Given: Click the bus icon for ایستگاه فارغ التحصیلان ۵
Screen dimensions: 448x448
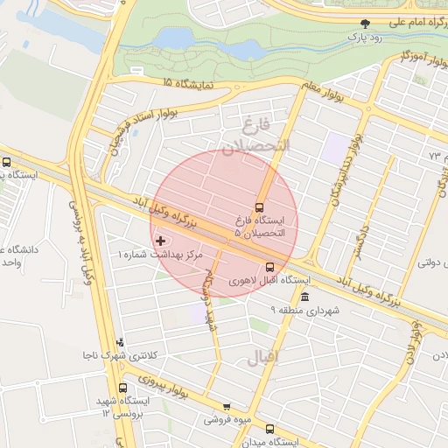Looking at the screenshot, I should pos(259,207).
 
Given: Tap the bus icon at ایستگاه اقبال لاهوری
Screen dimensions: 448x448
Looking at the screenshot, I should pos(269,268).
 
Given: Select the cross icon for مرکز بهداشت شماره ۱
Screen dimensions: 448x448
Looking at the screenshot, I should pos(158,240).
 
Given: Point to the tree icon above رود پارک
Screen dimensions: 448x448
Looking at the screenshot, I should pos(366,24).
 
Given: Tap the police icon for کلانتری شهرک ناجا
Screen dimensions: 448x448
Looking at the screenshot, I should pos(120,342).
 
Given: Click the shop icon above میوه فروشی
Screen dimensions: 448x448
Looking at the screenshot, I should pos(227,407).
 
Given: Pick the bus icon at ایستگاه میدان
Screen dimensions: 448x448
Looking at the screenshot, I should pos(269,430).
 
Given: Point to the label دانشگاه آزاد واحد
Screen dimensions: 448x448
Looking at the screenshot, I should pos(19,255).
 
